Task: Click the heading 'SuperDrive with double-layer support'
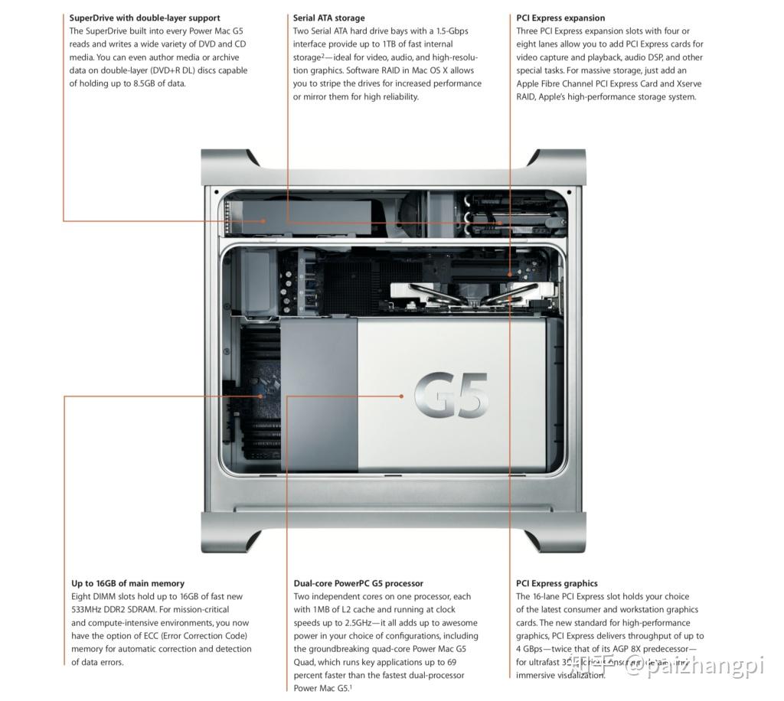pos(145,18)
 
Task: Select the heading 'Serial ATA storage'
pos(328,18)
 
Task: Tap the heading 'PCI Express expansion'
pos(560,18)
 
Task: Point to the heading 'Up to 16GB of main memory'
pos(128,583)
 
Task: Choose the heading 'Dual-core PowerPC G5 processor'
pos(358,583)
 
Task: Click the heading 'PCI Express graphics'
pos(557,583)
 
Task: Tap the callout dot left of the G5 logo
pos(401,396)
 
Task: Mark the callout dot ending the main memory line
pos(262,396)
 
